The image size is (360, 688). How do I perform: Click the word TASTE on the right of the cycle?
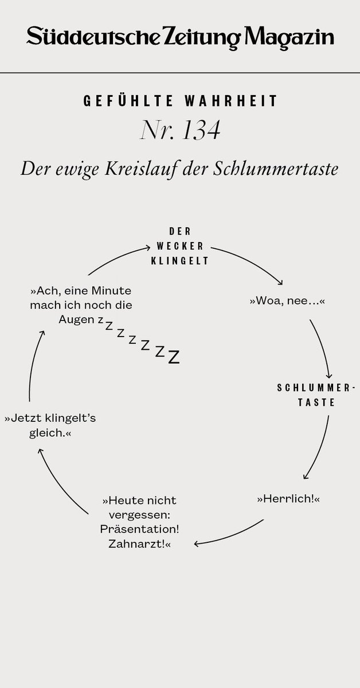316,402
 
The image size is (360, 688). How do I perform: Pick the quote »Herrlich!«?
288,499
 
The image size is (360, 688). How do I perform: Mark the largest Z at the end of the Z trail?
174,357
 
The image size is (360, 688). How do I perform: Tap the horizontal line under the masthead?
180,73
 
